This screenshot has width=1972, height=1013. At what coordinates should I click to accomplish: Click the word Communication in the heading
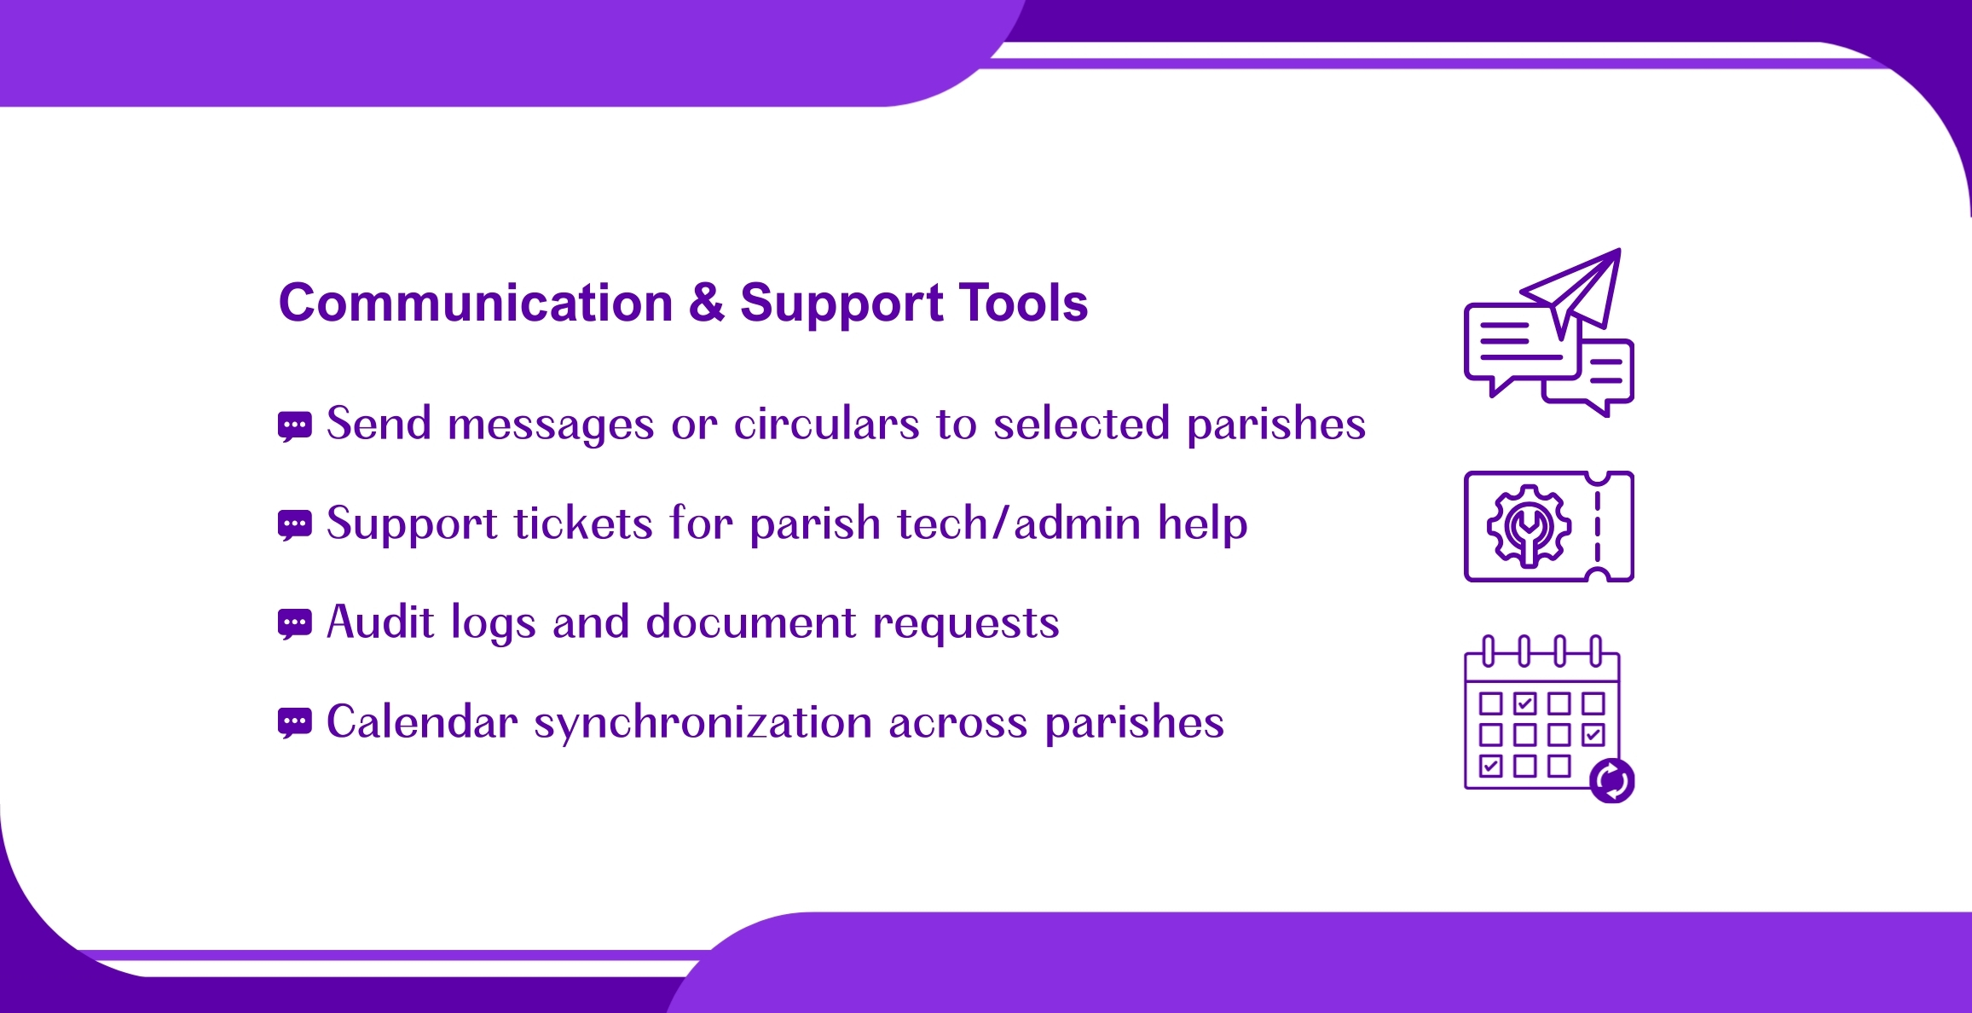click(476, 303)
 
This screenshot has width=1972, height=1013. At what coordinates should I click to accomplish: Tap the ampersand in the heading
click(707, 303)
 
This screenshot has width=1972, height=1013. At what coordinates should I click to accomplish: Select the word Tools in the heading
click(1023, 303)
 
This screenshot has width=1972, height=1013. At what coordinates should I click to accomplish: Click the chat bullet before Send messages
click(295, 426)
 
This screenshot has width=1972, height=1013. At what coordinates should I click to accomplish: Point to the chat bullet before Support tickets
click(295, 525)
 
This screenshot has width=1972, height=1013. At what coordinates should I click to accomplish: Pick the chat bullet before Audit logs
click(295, 624)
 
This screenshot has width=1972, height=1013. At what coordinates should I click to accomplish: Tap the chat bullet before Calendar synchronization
click(295, 723)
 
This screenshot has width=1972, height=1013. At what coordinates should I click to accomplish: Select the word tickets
click(583, 523)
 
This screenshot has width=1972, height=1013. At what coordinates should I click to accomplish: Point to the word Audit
click(380, 622)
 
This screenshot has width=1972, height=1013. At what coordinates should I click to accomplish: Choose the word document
click(751, 622)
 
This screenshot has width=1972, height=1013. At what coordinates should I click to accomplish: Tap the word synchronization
click(703, 723)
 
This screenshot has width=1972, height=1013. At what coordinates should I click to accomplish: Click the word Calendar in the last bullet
click(422, 721)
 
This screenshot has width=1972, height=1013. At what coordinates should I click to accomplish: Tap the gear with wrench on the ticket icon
click(1530, 527)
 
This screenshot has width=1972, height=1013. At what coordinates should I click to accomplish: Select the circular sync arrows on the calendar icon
click(1612, 780)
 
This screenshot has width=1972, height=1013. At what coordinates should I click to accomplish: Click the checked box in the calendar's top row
click(1525, 703)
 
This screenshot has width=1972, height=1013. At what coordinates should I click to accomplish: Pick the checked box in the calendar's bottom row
click(1491, 766)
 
